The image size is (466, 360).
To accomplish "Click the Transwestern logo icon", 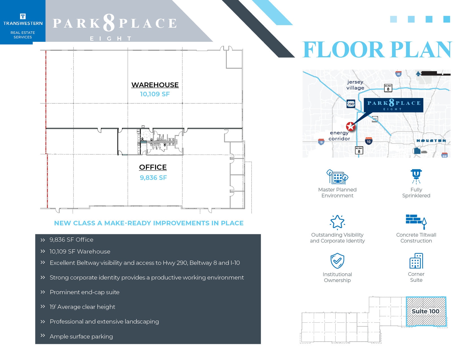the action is click(23, 16).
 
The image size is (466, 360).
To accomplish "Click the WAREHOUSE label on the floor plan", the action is click(155, 85).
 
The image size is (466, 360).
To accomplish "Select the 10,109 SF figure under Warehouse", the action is click(155, 94).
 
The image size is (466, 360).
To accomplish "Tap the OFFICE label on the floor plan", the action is click(153, 167).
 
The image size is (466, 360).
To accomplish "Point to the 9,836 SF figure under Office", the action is click(153, 178).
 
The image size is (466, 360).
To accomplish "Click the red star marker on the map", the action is click(350, 126).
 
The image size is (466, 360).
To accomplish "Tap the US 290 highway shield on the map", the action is click(351, 104).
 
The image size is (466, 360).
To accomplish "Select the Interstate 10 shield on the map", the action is click(369, 141).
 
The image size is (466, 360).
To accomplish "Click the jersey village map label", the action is click(355, 85).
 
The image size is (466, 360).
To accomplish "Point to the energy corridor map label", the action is click(339, 136).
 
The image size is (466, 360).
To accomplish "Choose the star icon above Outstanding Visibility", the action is click(337, 222).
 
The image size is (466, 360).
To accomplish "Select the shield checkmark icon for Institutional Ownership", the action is click(337, 261).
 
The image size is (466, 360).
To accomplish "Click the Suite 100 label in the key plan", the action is click(425, 311).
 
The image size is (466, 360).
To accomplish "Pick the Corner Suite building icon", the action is click(416, 261).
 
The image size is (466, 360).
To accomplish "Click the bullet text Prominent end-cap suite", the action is click(84, 292).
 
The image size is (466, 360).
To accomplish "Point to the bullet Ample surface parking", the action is click(81, 337).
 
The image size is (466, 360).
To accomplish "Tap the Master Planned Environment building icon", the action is click(337, 177).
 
